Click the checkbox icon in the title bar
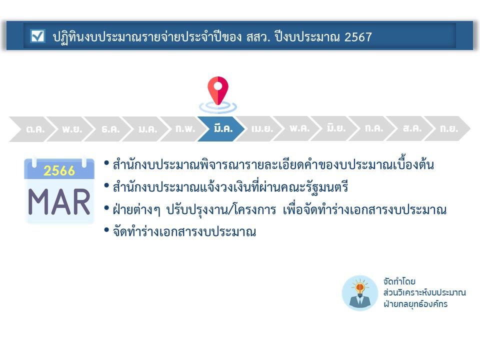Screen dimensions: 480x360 pos(38,36)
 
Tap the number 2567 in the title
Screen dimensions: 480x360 pos(358,37)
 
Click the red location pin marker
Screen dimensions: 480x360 pos(218,90)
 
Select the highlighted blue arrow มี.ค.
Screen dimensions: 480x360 pos(221,128)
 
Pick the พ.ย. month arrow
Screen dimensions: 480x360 pos(70,129)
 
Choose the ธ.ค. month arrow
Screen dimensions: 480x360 pos(108,129)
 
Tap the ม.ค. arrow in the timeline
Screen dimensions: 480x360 pos(146,129)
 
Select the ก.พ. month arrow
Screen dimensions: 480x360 pos(183,129)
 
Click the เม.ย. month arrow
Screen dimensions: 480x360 pos(258,128)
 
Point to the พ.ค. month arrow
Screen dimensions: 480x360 pos(296,128)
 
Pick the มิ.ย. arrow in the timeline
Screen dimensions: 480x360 pos(334,128)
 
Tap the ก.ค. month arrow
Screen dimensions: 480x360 pos(372,128)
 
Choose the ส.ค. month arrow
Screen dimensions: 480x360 pos(409,128)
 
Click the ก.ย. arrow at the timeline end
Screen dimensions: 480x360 pos(447,128)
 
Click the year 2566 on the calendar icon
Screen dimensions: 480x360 pos(59,170)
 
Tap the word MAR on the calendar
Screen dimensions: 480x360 pos(59,202)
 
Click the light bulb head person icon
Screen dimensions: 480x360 pos(359,293)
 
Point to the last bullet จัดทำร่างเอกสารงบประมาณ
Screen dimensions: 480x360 pos(184,231)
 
